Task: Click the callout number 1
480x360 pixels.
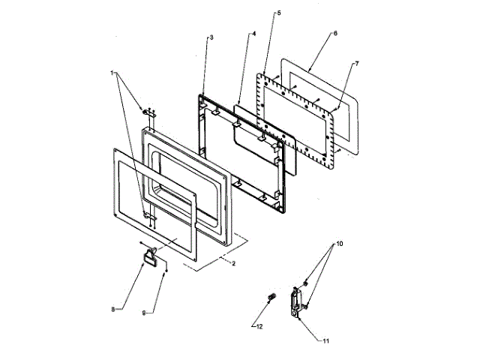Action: (113, 74)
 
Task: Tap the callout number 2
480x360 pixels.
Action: (233, 262)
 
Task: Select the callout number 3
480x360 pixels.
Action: (211, 37)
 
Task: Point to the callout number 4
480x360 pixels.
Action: (253, 34)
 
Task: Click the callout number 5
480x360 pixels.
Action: (279, 14)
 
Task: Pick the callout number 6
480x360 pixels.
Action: (334, 34)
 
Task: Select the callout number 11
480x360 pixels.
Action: (325, 341)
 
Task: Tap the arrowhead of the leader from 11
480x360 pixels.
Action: (299, 315)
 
